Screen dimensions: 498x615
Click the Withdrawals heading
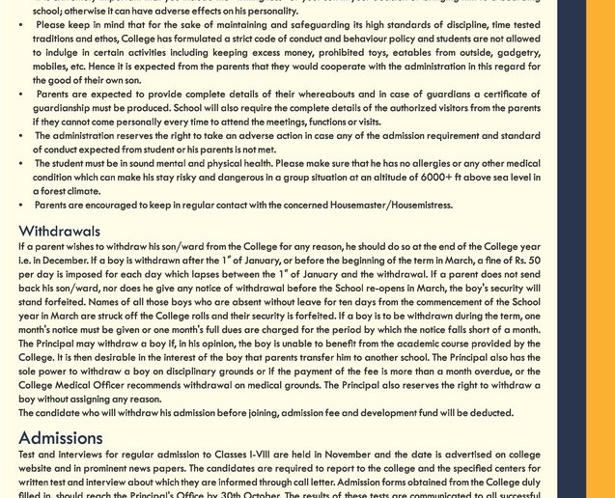pos(59,232)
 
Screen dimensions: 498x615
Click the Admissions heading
pos(60,438)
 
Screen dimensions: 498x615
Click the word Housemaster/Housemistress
pos(391,205)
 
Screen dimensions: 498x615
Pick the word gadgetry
pos(518,53)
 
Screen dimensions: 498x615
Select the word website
pos(39,468)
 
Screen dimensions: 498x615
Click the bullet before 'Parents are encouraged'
pos(21,205)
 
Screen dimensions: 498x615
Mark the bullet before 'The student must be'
pos(21,163)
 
